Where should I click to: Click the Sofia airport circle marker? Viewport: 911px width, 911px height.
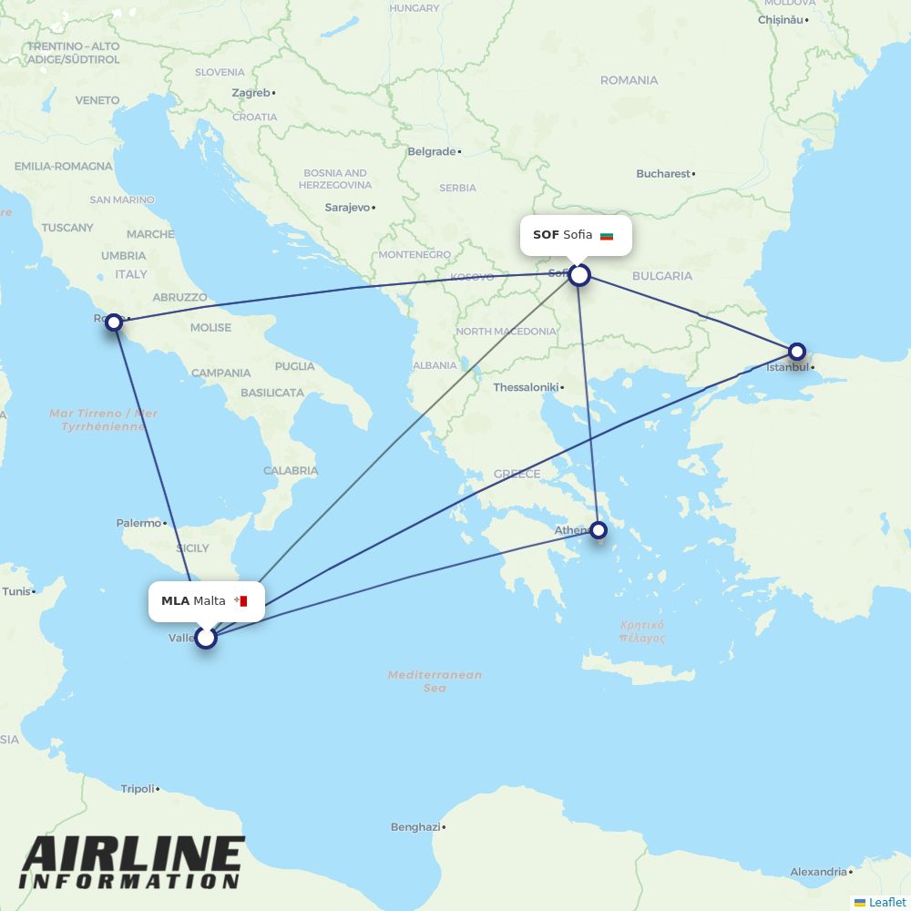coord(579,274)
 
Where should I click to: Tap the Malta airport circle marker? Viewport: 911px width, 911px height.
coord(206,637)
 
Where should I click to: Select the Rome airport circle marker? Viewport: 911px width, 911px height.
coord(114,322)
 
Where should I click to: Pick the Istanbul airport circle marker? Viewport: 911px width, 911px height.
coord(797,351)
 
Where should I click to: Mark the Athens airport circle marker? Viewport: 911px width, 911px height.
coord(599,529)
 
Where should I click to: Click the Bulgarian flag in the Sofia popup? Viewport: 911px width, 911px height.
coord(607,236)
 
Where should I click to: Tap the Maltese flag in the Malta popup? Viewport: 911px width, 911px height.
coord(241,601)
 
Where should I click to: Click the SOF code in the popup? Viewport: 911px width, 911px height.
coord(546,235)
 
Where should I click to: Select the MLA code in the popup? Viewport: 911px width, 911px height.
coord(175,601)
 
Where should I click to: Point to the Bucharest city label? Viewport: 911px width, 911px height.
coord(663,173)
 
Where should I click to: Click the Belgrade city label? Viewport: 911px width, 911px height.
coord(432,151)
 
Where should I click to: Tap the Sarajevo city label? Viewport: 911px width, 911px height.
coord(347,208)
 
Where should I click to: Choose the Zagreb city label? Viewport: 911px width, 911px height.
coord(251,93)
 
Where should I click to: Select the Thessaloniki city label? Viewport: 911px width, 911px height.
coord(526,387)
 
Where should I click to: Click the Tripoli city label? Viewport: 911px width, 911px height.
coord(138,789)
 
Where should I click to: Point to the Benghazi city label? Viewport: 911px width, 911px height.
coord(415,827)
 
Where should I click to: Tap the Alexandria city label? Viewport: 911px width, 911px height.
coord(818,872)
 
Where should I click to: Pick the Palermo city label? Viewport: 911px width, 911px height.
coord(138,523)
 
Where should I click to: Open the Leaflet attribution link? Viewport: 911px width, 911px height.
coord(886,902)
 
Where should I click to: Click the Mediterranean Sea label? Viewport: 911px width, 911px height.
coord(435,681)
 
